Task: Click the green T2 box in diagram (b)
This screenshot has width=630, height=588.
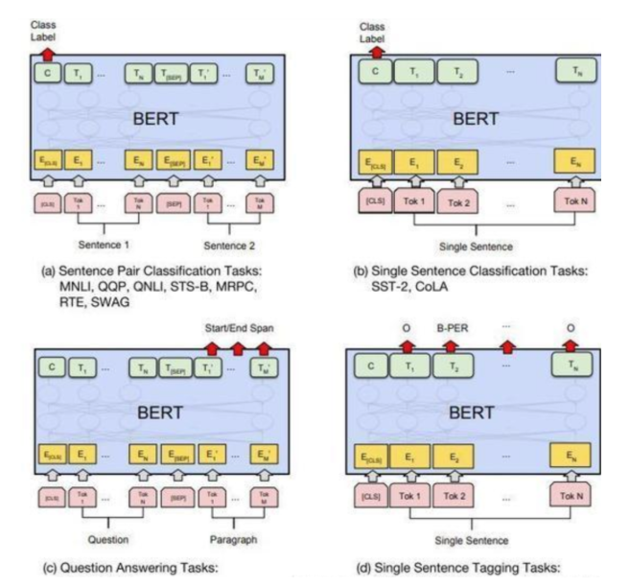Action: pos(459,72)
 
